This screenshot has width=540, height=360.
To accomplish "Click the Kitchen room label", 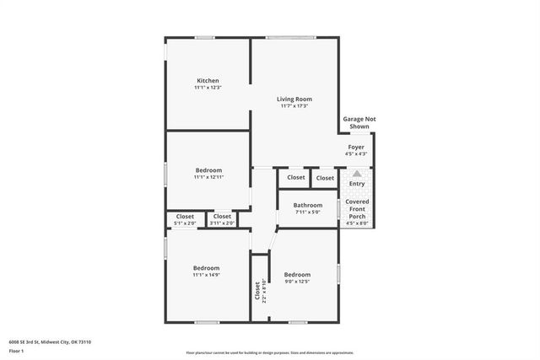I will pyautogui.click(x=208, y=81).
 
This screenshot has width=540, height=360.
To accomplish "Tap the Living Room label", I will pyautogui.click(x=294, y=99).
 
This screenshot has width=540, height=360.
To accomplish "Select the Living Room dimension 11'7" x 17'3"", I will pyautogui.click(x=294, y=105).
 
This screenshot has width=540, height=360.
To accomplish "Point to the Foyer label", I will pyautogui.click(x=356, y=147).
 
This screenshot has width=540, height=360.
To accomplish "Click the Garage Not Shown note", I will pyautogui.click(x=359, y=122).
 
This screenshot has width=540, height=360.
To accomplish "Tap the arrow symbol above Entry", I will pyautogui.click(x=356, y=174).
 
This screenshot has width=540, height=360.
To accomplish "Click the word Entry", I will pyautogui.click(x=357, y=184).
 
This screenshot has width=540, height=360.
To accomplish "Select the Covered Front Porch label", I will pyautogui.click(x=357, y=208).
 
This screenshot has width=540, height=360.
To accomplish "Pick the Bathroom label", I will pyautogui.click(x=308, y=205).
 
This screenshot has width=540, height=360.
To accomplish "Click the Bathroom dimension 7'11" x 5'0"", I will pyautogui.click(x=308, y=212).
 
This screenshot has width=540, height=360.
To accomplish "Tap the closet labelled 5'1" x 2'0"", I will pyautogui.click(x=185, y=223).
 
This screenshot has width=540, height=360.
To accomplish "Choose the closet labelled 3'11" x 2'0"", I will pyautogui.click(x=222, y=223).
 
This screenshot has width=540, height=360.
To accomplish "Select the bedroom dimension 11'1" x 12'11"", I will pyautogui.click(x=208, y=177).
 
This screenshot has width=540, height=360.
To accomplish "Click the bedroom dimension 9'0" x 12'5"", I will pyautogui.click(x=297, y=281).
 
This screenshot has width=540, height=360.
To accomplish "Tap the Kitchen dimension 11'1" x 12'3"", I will pyautogui.click(x=208, y=88).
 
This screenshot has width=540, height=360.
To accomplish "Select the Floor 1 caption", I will pyautogui.click(x=17, y=350).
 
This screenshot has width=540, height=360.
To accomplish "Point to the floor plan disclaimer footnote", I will pyautogui.click(x=269, y=353).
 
